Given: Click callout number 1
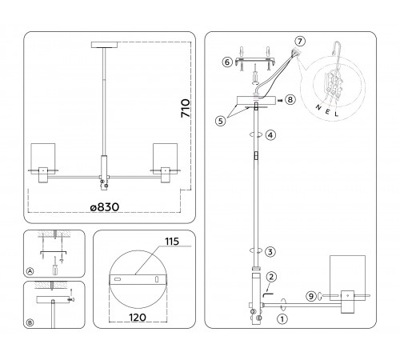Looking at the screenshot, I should coord(281,318).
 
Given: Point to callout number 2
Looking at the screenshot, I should coord(271,277).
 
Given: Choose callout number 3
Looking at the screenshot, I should coord(271,251).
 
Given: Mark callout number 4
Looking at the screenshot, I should coord(271,136).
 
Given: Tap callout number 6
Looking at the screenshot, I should coord(227,62).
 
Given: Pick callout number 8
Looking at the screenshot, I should coord(290,100).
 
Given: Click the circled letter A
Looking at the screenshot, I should coord(30,271).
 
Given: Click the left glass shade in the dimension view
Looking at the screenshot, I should coord(42,158).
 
